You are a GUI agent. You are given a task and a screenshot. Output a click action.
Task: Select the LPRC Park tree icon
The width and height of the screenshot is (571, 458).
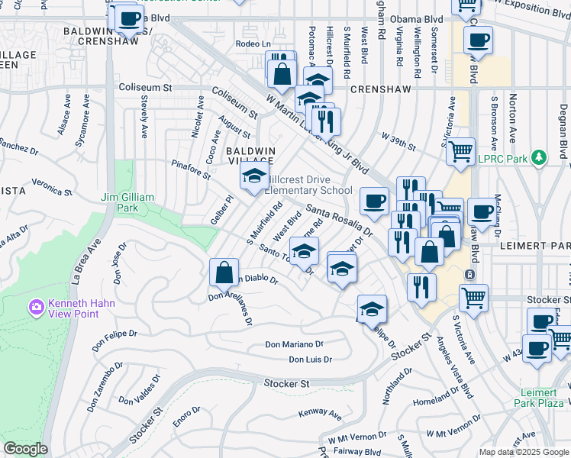[540, 158]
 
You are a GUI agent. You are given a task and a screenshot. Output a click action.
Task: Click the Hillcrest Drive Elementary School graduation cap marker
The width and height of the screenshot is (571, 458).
[251, 178]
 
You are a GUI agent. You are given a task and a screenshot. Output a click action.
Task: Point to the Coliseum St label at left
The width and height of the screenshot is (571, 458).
[145, 88]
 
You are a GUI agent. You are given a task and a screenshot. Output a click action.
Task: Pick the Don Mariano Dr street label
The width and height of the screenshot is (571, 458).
[295, 345]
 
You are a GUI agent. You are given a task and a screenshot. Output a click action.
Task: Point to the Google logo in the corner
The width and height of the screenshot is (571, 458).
[25, 449]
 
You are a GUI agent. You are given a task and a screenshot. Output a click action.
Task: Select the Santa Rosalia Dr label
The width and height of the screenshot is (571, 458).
[339, 220]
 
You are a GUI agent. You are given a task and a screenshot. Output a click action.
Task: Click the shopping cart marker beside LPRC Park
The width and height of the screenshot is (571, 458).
[460, 152]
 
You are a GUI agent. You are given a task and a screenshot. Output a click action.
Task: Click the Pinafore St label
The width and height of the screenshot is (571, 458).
[191, 169]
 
